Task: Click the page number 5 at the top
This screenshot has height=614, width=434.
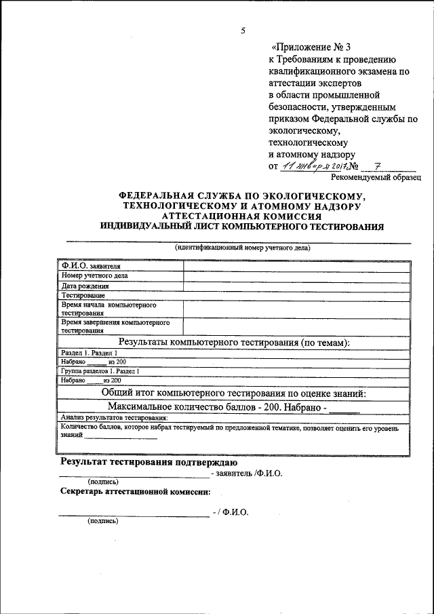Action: coord(243,31)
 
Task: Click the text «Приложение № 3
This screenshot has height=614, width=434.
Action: coord(304,47)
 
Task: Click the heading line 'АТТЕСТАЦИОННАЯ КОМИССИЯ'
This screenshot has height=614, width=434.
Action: coord(241,215)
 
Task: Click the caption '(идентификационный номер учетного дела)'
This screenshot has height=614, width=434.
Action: coord(241,248)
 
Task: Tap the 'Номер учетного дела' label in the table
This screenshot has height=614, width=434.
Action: coord(94,276)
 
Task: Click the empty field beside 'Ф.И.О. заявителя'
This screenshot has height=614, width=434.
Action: coord(296,266)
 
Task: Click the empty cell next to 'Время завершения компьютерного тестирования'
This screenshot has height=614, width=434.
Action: coord(296,328)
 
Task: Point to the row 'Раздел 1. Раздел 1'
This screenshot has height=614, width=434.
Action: coord(88,353)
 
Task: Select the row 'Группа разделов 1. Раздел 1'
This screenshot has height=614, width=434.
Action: coord(100,372)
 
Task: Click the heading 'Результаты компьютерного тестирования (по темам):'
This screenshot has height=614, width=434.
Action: coord(234,343)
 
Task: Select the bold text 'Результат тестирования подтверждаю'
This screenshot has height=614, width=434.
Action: coord(149,463)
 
